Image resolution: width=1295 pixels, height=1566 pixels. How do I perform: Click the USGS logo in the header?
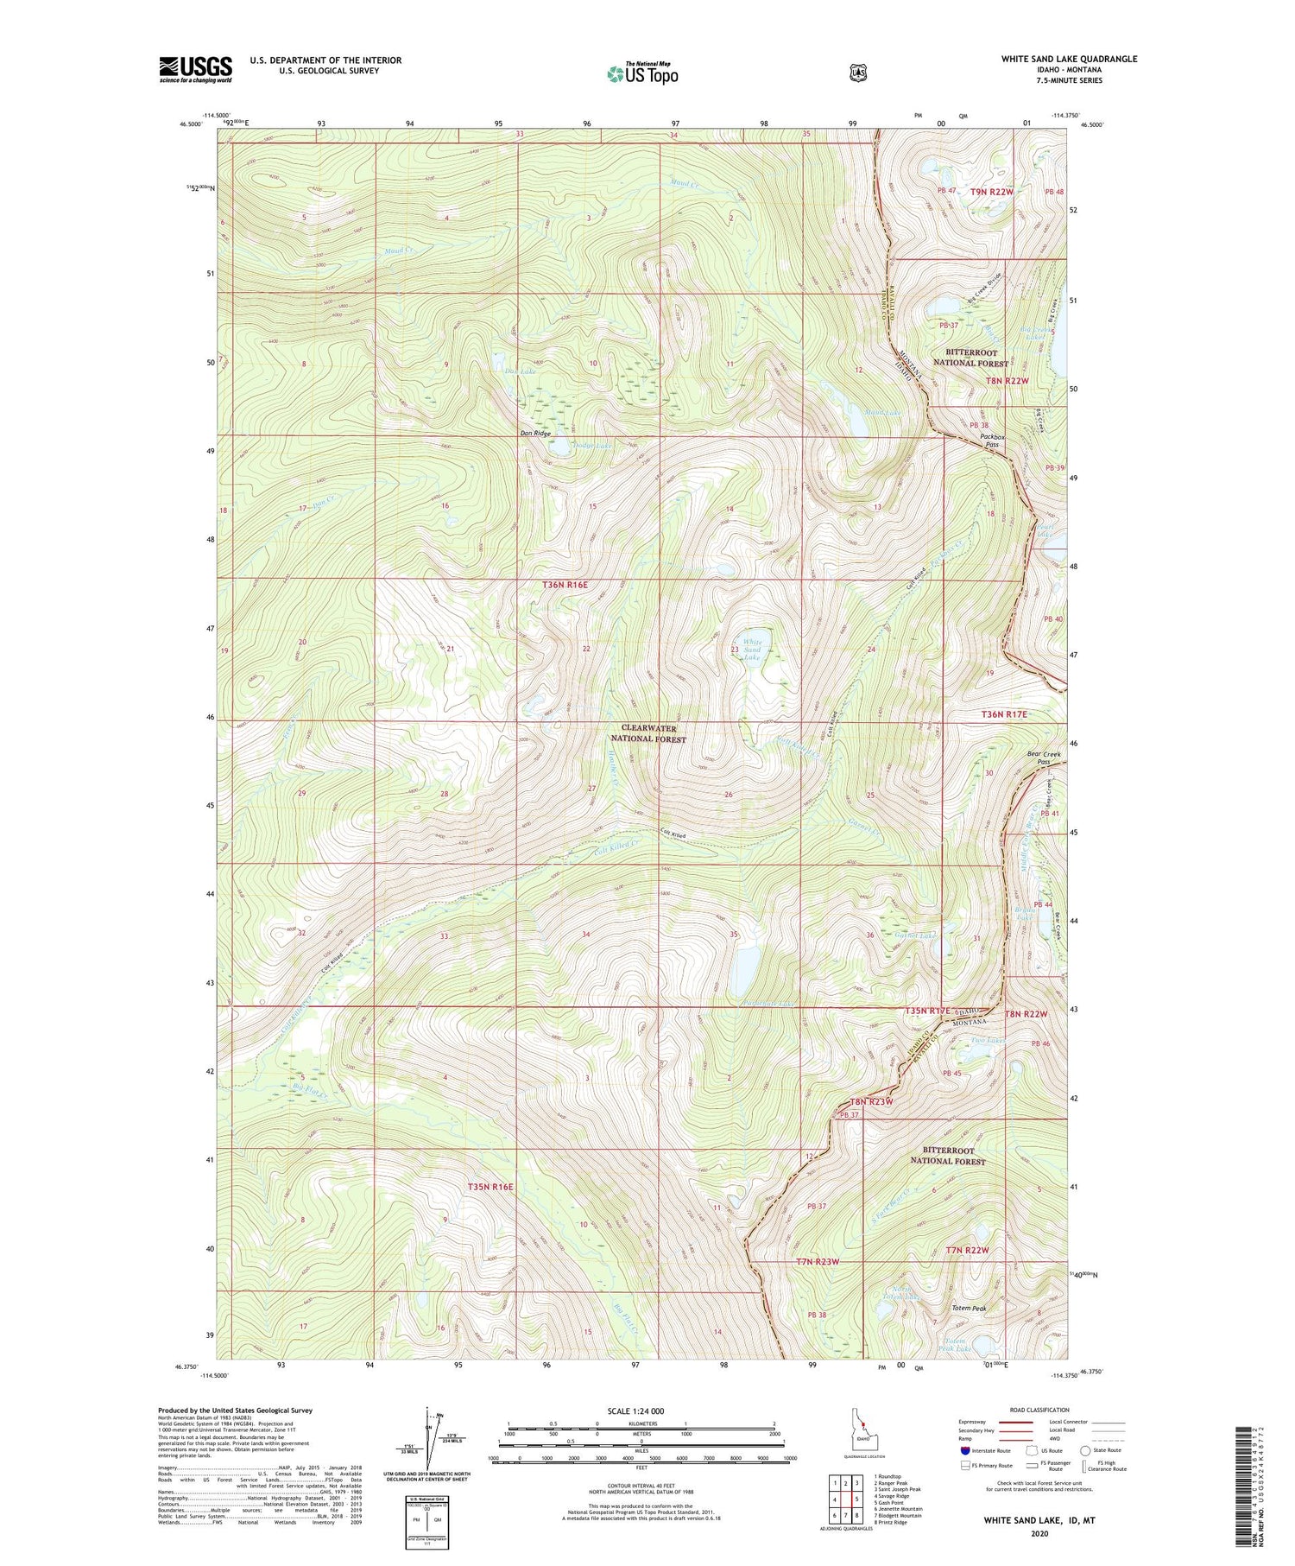pos(195,69)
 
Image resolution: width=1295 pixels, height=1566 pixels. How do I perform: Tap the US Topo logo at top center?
pos(642,73)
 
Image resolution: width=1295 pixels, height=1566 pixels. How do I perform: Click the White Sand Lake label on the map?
pos(752,649)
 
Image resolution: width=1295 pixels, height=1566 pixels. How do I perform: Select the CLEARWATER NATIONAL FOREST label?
pos(648,734)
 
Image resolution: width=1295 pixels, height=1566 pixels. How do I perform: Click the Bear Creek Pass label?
pos(1044,758)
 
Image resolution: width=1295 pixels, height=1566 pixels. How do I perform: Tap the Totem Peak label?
pos(969,1308)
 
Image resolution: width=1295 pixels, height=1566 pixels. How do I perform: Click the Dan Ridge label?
pos(534,433)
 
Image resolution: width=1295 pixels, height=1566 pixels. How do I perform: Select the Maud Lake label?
pos(881,414)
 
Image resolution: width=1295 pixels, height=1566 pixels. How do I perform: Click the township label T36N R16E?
pos(565,585)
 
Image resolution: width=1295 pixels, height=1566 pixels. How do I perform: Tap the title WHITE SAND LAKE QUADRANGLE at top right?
pos(1069,59)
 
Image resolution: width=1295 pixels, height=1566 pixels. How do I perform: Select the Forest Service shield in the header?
pos(857,73)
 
